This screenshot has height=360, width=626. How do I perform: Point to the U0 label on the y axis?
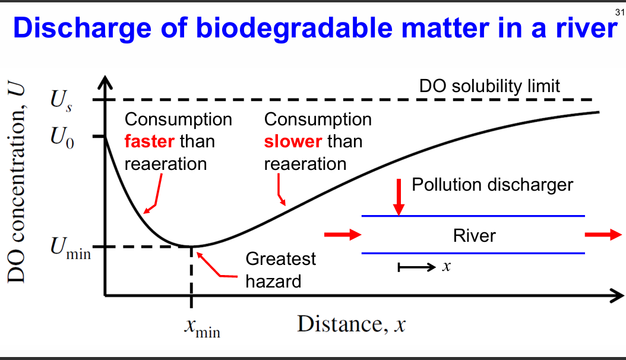(60, 138)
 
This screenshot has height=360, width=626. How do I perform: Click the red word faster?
(149, 141)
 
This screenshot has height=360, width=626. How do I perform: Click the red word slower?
(292, 141)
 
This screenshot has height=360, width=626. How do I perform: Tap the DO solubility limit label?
(489, 86)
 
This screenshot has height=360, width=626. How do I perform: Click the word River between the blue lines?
(474, 236)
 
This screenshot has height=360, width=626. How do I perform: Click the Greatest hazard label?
(280, 270)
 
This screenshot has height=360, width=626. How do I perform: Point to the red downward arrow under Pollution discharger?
(399, 203)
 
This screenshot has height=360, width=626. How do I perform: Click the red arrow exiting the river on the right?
(601, 235)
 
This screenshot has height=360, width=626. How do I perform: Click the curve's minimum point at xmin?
(191, 246)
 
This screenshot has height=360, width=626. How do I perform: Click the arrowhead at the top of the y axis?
(105, 81)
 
